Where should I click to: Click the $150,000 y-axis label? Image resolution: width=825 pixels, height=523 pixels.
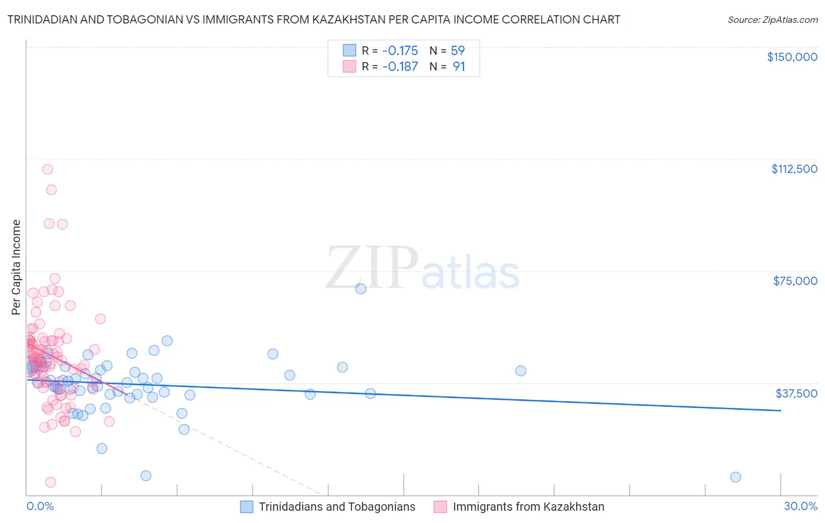coord(792,57)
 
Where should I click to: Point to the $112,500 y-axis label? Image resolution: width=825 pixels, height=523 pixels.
coord(794,169)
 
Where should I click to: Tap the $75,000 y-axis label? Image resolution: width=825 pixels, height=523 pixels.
coord(795,281)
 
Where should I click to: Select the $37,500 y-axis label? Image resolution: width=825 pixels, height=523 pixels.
coord(796,393)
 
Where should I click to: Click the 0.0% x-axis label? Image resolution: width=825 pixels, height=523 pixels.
coord(40,507)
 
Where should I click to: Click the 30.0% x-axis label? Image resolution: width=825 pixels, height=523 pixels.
coord(800,507)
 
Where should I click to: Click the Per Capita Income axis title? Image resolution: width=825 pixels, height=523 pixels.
coord(16,267)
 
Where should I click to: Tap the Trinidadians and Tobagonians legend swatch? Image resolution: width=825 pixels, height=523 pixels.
coord(246,507)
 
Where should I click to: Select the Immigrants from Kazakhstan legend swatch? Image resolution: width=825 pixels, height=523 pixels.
coord(440,507)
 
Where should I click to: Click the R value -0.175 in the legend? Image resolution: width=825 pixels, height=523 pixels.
coord(400,51)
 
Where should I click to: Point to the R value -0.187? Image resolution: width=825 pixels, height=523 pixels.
coord(400,67)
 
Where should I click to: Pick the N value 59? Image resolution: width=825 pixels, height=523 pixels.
coord(458,51)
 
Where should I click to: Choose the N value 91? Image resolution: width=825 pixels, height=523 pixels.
coord(459,67)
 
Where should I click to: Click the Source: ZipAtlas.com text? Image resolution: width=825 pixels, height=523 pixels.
coord(772,20)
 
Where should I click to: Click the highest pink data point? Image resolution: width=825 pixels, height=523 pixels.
coord(48,169)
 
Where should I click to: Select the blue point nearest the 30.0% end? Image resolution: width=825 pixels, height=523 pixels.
coord(735,477)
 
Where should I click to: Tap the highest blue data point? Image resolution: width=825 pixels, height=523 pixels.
coord(361,288)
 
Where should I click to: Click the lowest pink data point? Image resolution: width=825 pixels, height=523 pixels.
coord(50,482)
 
